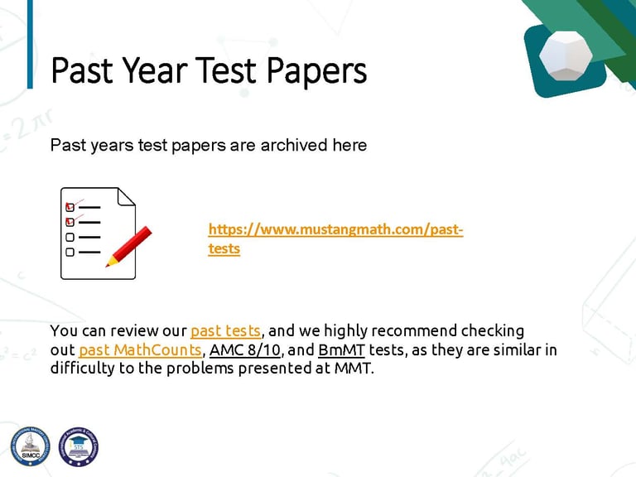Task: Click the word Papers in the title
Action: [317, 72]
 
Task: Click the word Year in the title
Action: [155, 70]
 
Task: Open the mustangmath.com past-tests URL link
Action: [335, 238]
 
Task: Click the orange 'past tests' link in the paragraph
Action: [225, 331]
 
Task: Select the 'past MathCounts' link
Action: [140, 349]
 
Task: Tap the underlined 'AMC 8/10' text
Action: [245, 349]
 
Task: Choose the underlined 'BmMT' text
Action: [341, 349]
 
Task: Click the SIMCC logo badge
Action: [31, 446]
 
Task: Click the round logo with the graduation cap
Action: [79, 446]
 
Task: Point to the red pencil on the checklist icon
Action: [128, 247]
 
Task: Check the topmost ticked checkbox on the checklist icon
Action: [70, 207]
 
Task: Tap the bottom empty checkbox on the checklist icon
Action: [70, 252]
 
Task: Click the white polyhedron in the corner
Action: [566, 55]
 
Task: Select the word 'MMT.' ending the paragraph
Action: [354, 369]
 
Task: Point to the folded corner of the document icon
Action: [125, 197]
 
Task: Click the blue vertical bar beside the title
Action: [30, 44]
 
